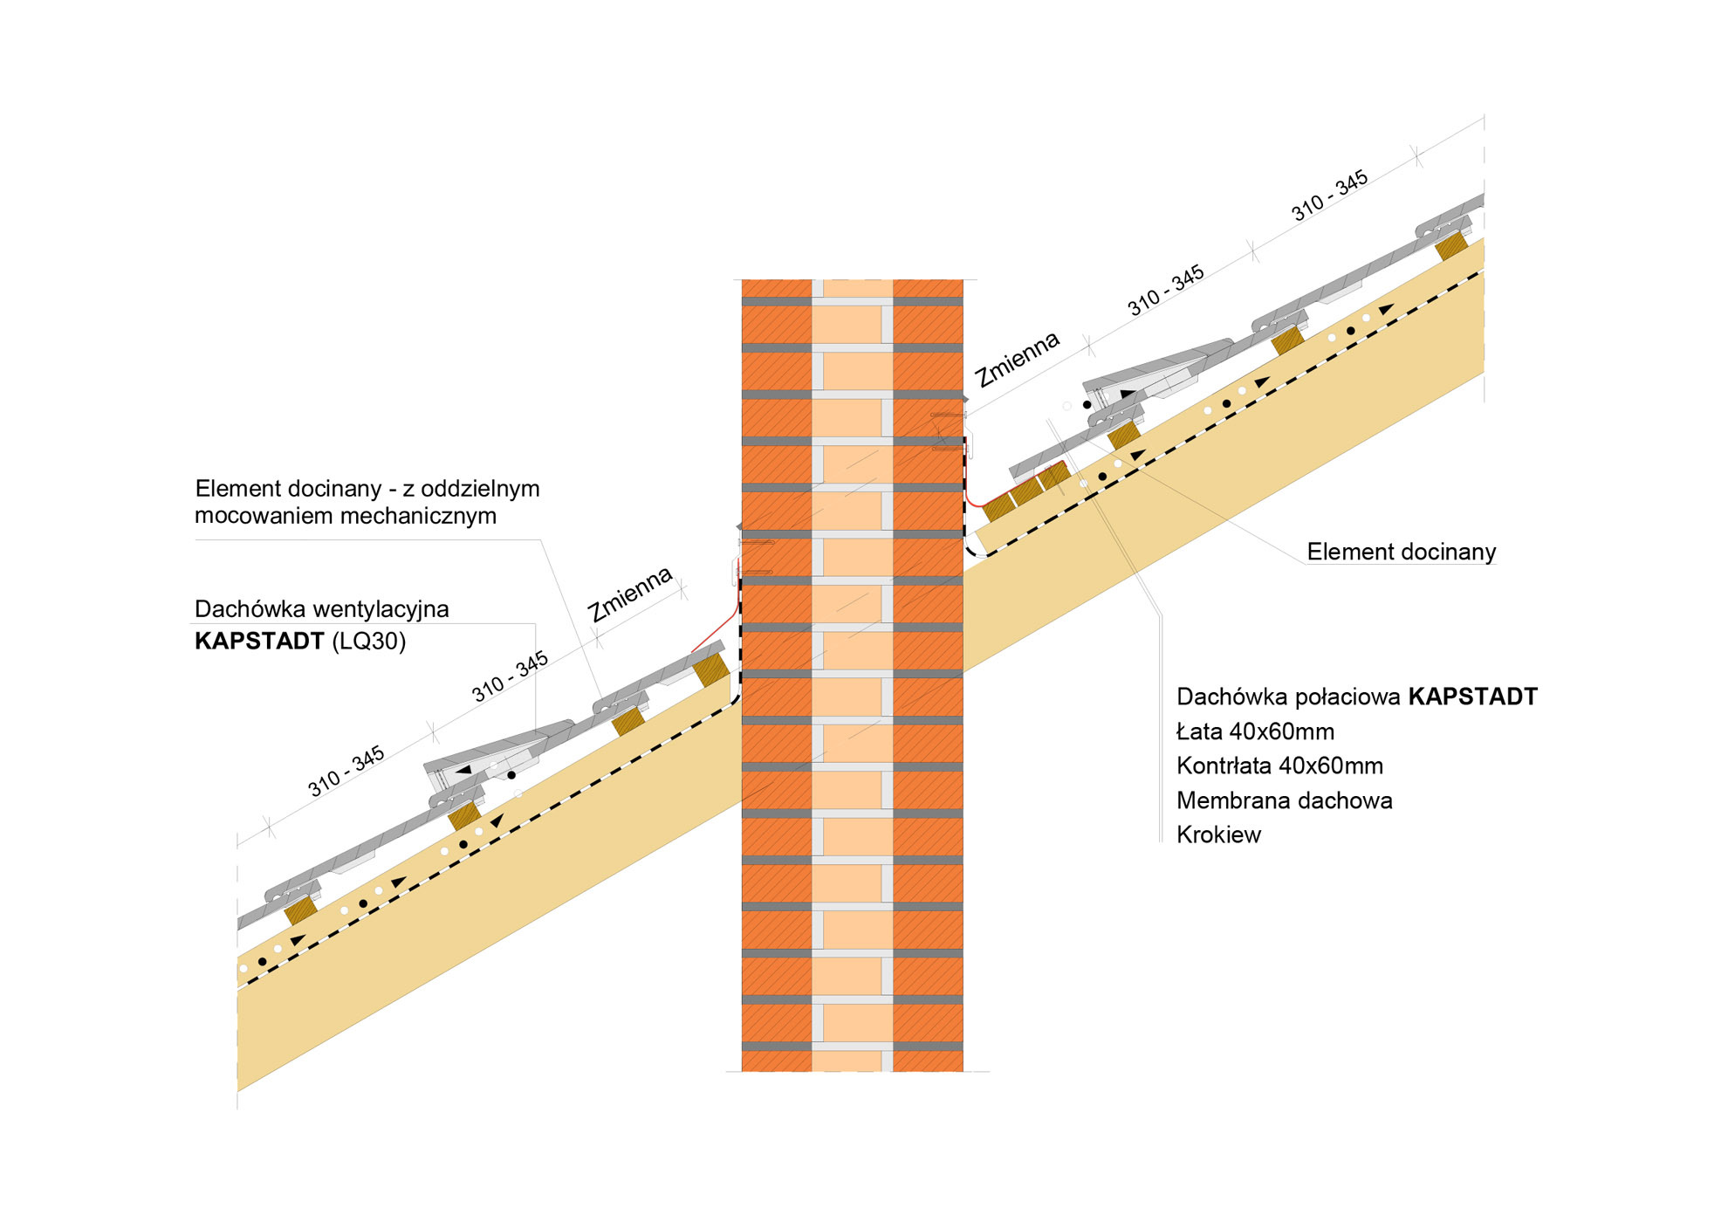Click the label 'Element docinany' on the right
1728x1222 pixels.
coord(1401,552)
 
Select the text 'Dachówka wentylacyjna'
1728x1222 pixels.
coord(321,608)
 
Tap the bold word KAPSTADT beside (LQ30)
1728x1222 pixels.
coord(259,641)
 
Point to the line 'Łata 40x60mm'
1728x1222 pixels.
coord(1255,731)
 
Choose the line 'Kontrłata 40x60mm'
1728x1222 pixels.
coord(1279,765)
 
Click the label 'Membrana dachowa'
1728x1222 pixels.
coord(1284,800)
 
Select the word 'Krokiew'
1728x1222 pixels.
coord(1218,834)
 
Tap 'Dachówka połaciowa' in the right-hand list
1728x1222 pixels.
coord(1288,697)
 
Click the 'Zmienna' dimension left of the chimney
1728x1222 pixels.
coord(630,594)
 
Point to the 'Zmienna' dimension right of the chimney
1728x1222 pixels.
coord(1018,359)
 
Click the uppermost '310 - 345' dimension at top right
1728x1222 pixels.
coord(1329,196)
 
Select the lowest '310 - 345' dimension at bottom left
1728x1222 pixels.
coord(346,771)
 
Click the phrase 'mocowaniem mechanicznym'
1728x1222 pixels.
coord(346,516)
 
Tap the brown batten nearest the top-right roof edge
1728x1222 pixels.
coord(1450,245)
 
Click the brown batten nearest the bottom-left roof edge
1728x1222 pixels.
coord(300,910)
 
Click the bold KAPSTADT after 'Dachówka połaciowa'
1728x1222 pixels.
coord(1472,697)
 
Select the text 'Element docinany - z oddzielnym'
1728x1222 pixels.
coord(367,488)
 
